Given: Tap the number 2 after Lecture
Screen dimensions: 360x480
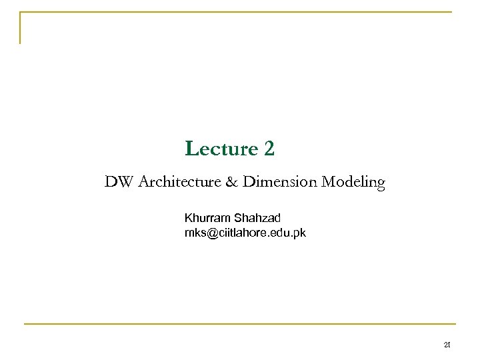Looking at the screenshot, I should tap(269, 149).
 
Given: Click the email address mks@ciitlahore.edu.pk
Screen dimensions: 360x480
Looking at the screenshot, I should tap(245, 233).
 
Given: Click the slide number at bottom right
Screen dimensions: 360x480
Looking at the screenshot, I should tap(447, 345).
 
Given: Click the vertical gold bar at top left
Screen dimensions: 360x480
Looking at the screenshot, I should tap(20, 28).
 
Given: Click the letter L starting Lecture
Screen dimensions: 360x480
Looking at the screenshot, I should tap(190, 149).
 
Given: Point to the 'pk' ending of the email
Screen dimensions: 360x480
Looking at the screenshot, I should tap(301, 233).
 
